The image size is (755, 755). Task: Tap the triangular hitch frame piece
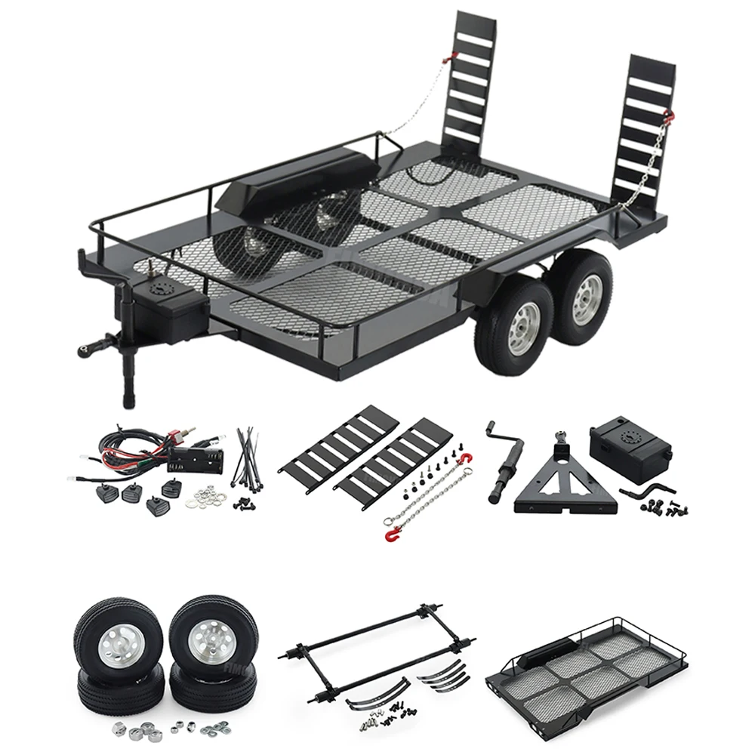(x=560, y=483)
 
